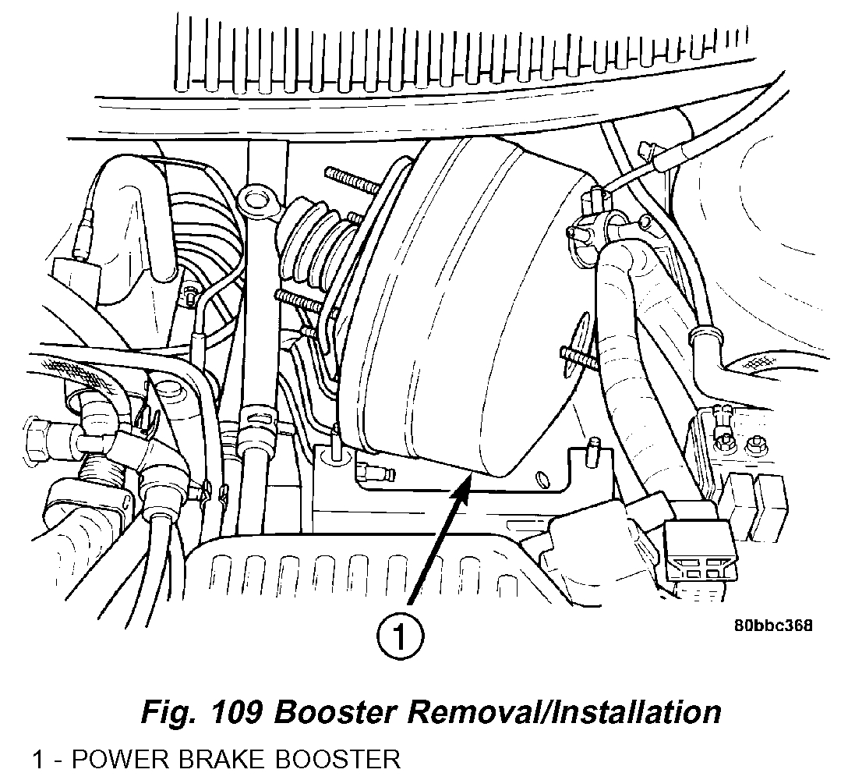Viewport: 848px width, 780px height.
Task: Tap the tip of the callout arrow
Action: click(x=468, y=482)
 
